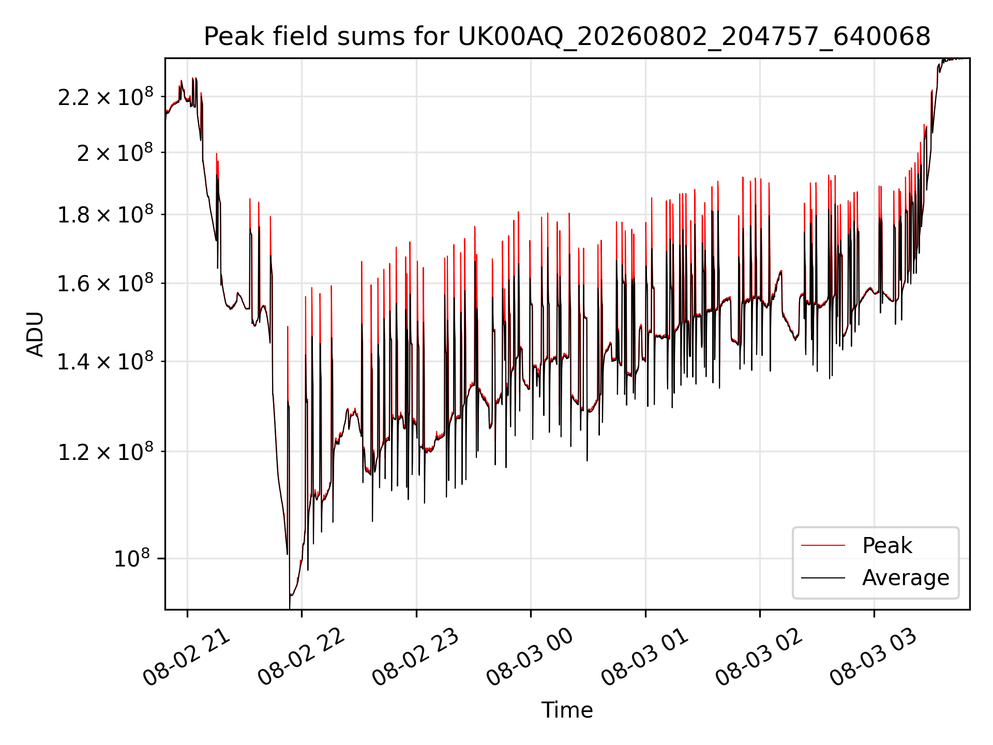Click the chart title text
coord(567,37)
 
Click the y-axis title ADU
coord(35,334)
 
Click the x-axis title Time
coord(567,710)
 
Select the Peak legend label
coord(887,546)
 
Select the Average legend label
coord(906,577)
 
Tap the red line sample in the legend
coord(823,545)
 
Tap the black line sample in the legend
coord(823,577)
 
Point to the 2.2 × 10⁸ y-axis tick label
coord(106,97)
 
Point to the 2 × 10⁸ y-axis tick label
coord(115,153)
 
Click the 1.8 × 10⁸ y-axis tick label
coord(106,215)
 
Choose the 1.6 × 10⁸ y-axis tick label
coord(106,284)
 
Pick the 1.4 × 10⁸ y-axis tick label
coord(106,362)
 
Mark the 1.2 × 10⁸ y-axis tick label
coord(106,452)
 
